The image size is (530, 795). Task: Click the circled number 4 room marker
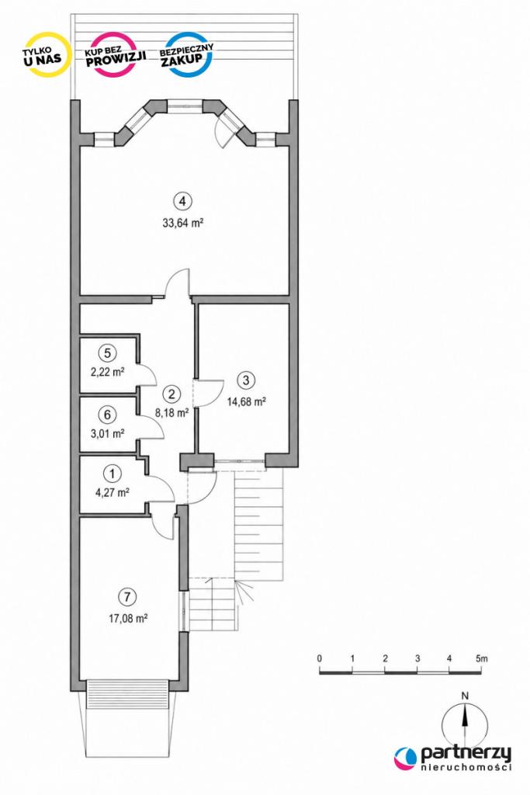point(183,201)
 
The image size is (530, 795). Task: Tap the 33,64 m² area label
point(183,223)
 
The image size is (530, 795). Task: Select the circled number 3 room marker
point(247,380)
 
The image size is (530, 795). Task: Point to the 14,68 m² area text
point(247,401)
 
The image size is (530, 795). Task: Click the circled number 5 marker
point(107,352)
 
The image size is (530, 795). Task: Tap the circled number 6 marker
point(107,415)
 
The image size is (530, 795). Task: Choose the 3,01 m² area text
point(107,434)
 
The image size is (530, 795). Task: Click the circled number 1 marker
point(112,474)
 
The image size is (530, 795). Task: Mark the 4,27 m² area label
point(112,491)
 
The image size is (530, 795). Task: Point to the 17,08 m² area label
point(128,619)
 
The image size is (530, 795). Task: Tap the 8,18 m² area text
point(171,413)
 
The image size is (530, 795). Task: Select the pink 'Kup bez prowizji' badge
point(116,54)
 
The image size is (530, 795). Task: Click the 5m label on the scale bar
point(481,658)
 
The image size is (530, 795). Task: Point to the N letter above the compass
point(465,696)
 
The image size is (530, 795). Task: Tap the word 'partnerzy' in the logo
point(465,754)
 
